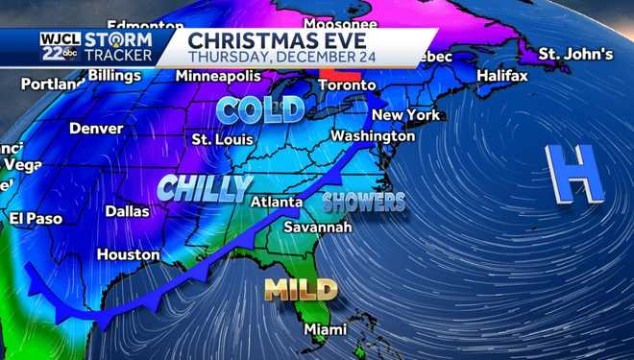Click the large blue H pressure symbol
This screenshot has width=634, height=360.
pyautogui.click(x=573, y=175)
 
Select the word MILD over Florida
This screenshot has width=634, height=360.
pyautogui.click(x=301, y=289)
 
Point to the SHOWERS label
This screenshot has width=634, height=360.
pyautogui.click(x=363, y=202)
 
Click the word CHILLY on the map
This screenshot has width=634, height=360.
pyautogui.click(x=205, y=187)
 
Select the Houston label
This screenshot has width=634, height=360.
pyautogui.click(x=128, y=254)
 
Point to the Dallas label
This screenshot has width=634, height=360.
pyautogui.click(x=127, y=210)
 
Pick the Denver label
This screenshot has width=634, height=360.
pyautogui.click(x=96, y=128)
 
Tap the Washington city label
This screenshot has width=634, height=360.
pyautogui.click(x=373, y=136)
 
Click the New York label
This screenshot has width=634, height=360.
pyautogui.click(x=405, y=115)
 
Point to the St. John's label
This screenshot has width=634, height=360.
pyautogui.click(x=574, y=53)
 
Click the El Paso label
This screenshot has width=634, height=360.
pyautogui.click(x=36, y=219)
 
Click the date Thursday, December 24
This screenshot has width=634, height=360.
pyautogui.click(x=277, y=57)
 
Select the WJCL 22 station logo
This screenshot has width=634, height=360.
pyautogui.click(x=60, y=46)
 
